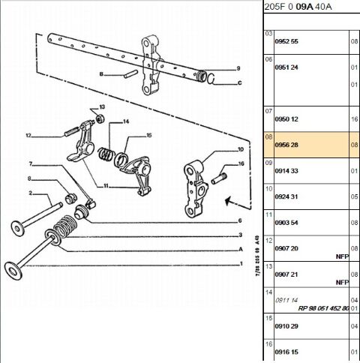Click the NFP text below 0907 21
(341, 282)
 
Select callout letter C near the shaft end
(239, 83)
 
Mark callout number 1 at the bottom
(240, 264)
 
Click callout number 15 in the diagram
(148, 135)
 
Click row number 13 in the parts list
(269, 265)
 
